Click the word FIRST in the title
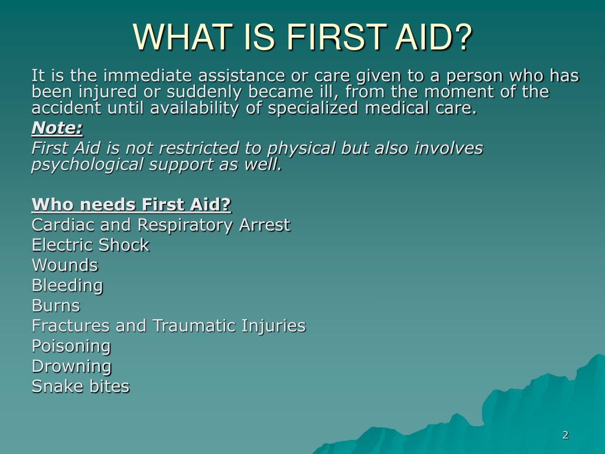tap(336, 37)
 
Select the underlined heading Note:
tap(57, 128)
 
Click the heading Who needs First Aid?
tap(131, 204)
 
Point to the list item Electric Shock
tap(90, 245)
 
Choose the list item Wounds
tap(65, 265)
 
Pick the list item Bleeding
tap(67, 286)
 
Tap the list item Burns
tap(56, 306)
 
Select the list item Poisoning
tap(71, 346)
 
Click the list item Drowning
tap(71, 367)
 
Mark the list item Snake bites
tap(80, 387)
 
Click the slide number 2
tap(565, 435)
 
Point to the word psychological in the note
tap(87, 165)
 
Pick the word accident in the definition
tap(66, 108)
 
